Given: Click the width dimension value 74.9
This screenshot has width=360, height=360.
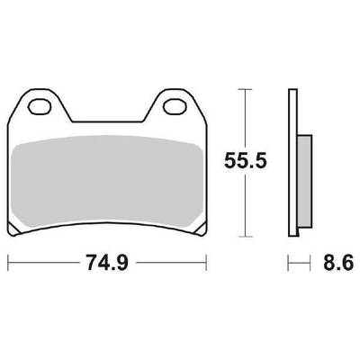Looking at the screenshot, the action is click(x=107, y=263).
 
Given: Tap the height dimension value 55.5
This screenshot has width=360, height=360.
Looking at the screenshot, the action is click(x=246, y=161).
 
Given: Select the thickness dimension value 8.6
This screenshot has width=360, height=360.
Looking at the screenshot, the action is click(x=338, y=264).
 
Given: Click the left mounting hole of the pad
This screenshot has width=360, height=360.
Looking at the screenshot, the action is click(x=39, y=106).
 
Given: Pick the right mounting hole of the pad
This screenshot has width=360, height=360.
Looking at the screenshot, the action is click(x=175, y=106).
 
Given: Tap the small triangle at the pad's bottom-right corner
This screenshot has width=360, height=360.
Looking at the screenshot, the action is click(x=202, y=229).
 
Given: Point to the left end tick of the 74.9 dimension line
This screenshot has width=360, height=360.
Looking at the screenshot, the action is click(x=8, y=263).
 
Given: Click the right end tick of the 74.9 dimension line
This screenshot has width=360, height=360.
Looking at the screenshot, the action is click(x=206, y=263).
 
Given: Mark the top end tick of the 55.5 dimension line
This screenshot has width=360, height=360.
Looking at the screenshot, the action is click(x=246, y=89).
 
